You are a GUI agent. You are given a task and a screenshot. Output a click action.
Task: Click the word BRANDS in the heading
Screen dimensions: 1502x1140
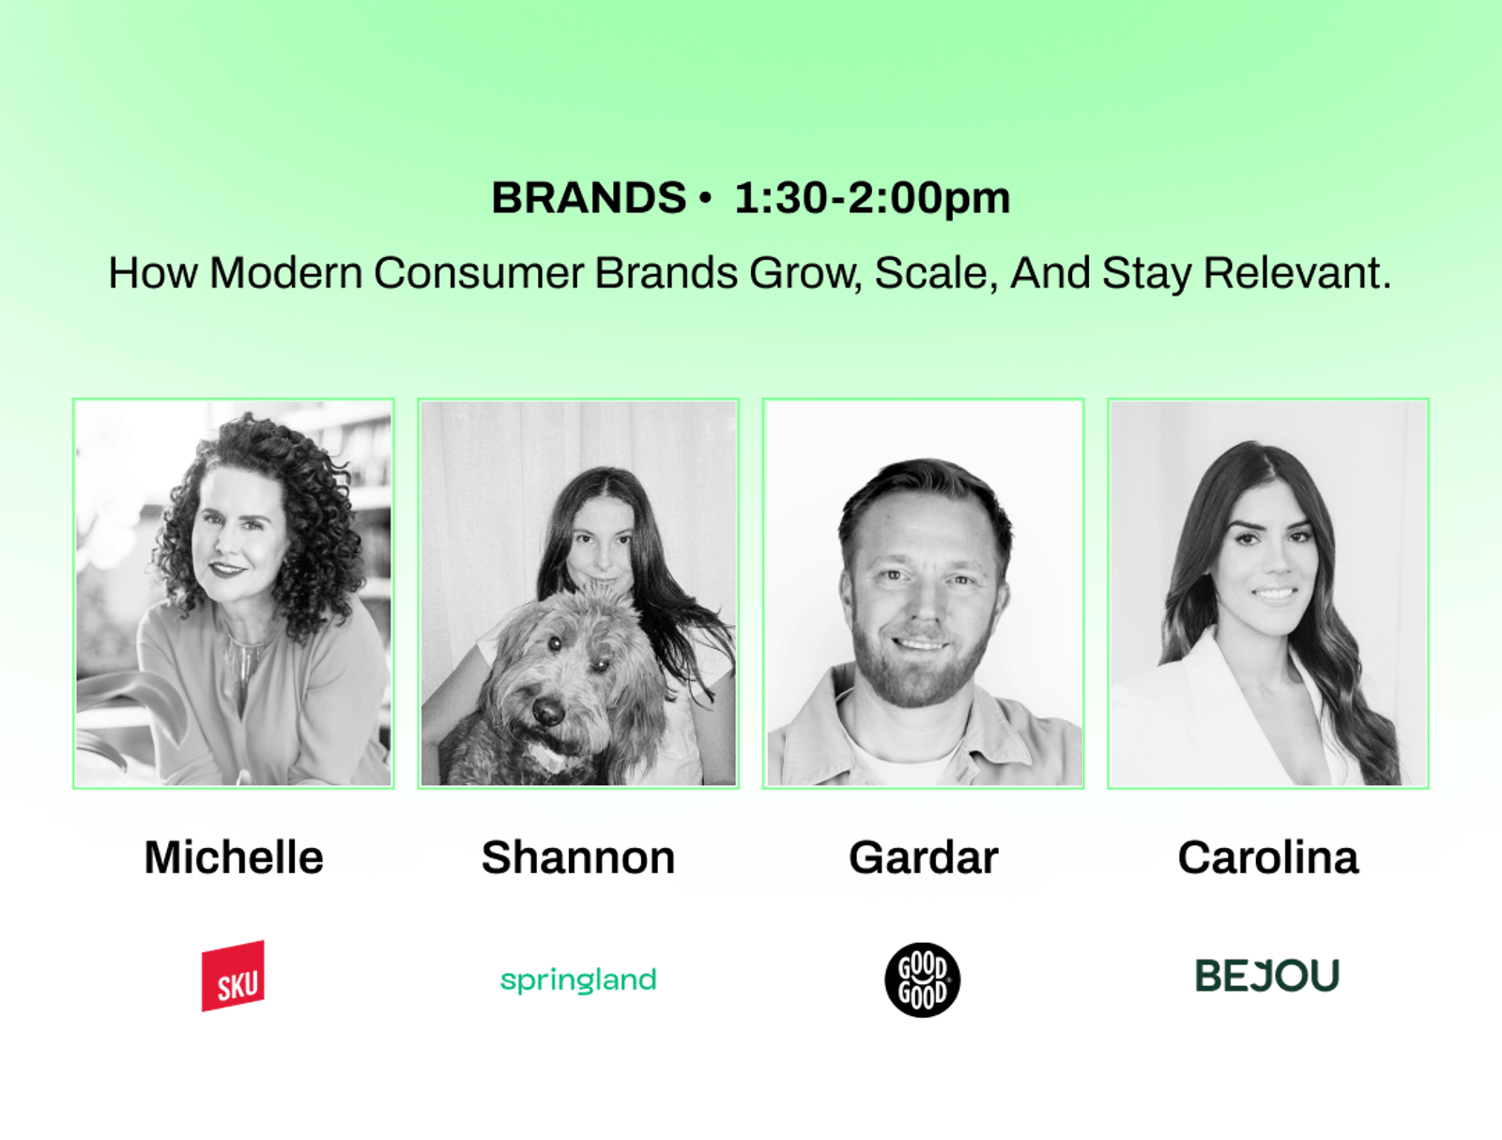click(x=589, y=198)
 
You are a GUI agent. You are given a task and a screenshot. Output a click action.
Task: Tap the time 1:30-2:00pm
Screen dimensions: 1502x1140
click(x=872, y=199)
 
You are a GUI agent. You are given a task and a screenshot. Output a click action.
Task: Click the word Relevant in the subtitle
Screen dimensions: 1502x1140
click(x=1297, y=272)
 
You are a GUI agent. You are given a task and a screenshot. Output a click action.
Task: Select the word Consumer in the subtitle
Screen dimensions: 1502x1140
click(x=479, y=272)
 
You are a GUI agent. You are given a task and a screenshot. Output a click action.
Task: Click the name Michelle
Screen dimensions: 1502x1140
click(x=234, y=856)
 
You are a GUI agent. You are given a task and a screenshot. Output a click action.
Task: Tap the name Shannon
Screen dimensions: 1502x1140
click(x=578, y=856)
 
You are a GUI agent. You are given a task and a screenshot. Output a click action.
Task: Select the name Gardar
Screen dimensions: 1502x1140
click(x=923, y=856)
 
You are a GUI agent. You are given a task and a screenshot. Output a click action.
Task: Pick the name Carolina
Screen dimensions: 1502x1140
click(x=1268, y=856)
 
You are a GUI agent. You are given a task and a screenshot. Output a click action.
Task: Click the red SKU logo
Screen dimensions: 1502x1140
click(x=233, y=976)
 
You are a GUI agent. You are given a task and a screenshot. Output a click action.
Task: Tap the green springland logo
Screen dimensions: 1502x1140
click(x=578, y=980)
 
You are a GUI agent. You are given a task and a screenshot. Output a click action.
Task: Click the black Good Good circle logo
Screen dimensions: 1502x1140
click(x=923, y=979)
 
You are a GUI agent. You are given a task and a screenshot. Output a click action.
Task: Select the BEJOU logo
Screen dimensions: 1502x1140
click(x=1267, y=975)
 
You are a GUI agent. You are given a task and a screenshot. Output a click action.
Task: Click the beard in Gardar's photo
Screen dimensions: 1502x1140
click(x=920, y=667)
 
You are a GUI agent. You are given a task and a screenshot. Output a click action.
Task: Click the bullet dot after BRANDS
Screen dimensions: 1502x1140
click(x=705, y=198)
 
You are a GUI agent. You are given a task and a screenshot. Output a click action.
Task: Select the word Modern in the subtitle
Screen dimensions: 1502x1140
click(x=285, y=272)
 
